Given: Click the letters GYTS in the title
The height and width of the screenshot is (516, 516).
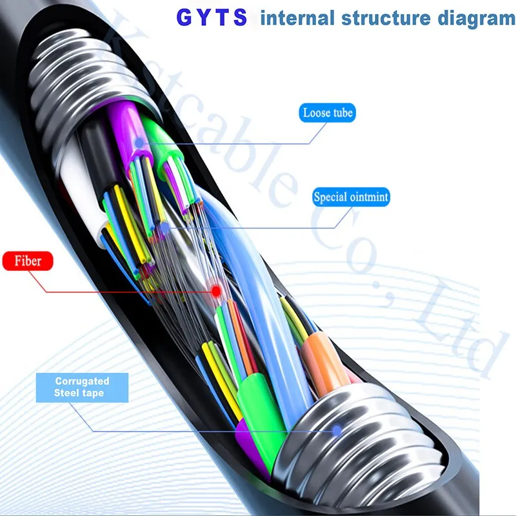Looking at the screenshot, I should pos(212,17).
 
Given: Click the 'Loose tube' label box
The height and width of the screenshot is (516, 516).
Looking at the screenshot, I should pos(328,114).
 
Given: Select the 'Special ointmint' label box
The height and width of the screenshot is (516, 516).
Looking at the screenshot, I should pos(351,197).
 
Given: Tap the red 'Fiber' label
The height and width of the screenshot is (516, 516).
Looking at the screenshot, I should pos(28,262).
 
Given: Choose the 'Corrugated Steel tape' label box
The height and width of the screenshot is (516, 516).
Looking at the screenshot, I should pos(82,388).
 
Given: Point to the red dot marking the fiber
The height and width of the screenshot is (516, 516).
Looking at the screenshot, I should pos(216,292).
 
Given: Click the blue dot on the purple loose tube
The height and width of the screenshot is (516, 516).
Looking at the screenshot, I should pos(139,143).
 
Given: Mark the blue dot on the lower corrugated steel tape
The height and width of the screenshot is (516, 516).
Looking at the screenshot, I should pos(336,430).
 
